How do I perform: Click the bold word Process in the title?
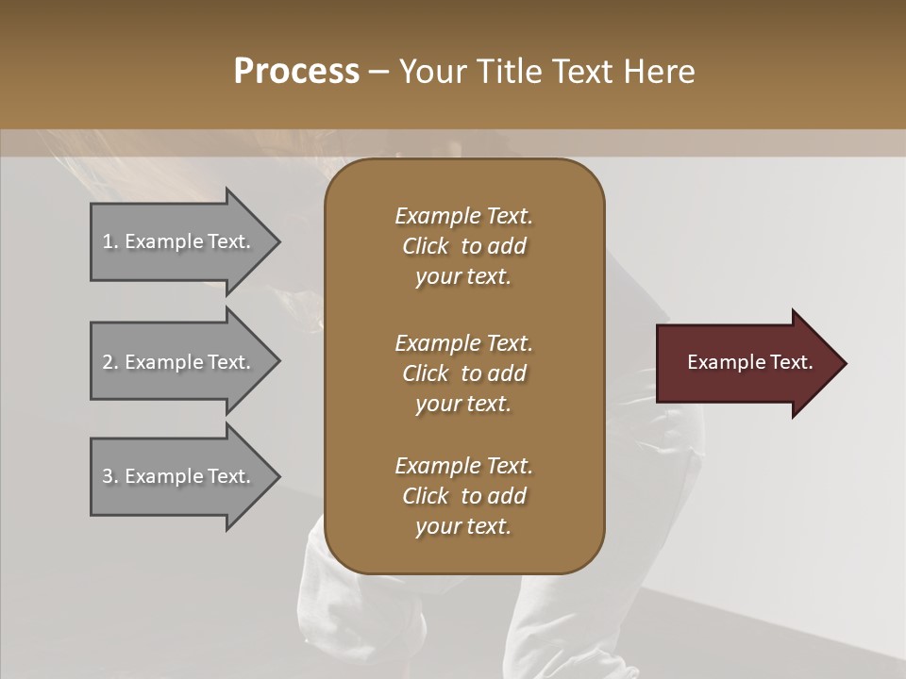(x=296, y=72)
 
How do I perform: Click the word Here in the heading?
(x=660, y=72)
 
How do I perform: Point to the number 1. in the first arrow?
(x=110, y=241)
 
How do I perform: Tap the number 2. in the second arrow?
(x=110, y=362)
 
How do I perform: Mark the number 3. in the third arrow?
(x=110, y=476)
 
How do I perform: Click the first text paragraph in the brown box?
(x=463, y=246)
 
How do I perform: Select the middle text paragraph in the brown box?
(x=463, y=373)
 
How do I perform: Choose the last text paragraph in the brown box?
(x=463, y=496)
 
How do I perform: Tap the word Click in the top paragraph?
(x=425, y=246)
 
